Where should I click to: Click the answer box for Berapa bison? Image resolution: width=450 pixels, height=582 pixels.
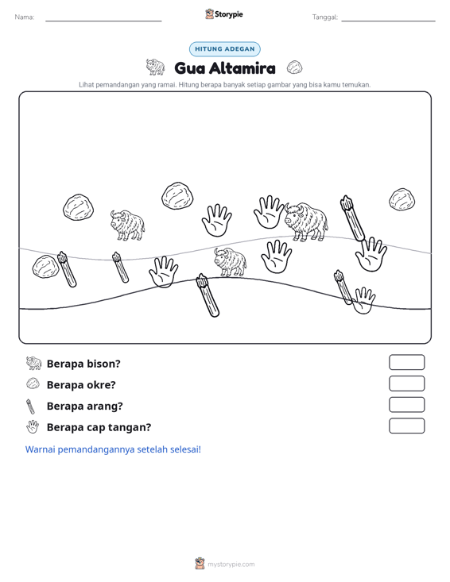[406, 362]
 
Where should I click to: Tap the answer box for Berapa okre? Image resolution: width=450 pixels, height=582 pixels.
[406, 384]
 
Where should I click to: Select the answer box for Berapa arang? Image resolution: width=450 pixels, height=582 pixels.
[406, 405]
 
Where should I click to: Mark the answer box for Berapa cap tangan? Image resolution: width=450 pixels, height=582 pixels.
[406, 426]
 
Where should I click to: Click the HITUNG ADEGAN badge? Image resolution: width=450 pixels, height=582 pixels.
[225, 49]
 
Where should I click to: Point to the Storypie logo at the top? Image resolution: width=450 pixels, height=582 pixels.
[224, 14]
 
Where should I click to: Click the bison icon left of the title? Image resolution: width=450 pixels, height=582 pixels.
[155, 67]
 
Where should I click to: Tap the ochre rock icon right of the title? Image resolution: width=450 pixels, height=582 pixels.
[294, 67]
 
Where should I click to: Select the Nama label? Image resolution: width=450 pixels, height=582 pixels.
[25, 17]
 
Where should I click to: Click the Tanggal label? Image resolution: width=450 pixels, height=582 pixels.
[325, 17]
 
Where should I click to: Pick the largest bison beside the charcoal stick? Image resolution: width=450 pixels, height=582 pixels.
[306, 222]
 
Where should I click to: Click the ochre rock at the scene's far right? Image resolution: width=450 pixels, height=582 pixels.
[402, 199]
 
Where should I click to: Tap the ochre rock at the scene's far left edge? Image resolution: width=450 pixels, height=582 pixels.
[45, 267]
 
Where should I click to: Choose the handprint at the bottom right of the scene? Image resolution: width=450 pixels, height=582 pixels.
[363, 300]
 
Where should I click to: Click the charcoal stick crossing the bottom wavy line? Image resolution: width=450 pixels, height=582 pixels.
[208, 295]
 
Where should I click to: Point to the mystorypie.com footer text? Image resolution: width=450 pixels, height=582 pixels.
[231, 565]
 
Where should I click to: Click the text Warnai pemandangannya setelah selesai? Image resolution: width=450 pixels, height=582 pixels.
[113, 449]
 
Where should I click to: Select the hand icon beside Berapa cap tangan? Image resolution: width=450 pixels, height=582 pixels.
[33, 427]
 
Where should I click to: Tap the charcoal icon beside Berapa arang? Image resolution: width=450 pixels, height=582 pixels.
[30, 407]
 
